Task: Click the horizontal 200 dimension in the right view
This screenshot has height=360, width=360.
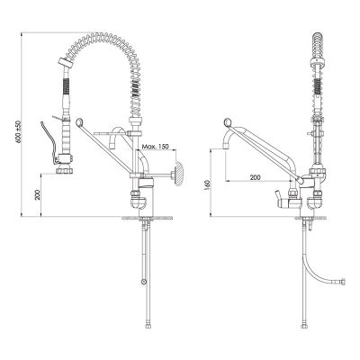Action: (256, 177)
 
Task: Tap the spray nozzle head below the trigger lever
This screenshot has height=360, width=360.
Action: (65, 168)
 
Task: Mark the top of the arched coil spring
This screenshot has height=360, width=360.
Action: (105, 37)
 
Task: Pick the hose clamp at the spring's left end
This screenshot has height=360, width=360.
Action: (63, 62)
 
